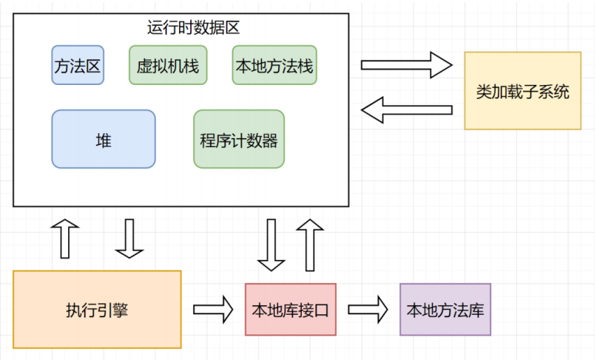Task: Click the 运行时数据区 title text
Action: coord(193,28)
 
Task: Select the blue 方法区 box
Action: coord(78,65)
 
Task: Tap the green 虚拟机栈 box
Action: coord(168,65)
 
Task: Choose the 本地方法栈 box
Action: coord(274,65)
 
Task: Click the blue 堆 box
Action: coord(104,139)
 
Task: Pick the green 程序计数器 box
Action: coord(239,139)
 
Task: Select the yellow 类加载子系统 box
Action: coord(522,91)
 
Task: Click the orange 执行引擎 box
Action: coord(97,310)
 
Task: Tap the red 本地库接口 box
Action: coord(291,310)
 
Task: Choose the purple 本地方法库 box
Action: coord(445,310)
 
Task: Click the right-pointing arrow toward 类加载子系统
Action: coord(406,65)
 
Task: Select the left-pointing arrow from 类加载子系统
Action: coord(406,110)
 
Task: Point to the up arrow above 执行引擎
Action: coord(64,239)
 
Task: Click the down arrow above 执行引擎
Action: coord(129,239)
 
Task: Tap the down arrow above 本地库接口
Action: coord(271,245)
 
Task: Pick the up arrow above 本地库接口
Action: coord(310,245)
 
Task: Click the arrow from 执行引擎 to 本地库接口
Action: coord(213,310)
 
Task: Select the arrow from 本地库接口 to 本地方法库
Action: coord(368,310)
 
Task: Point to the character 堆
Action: coord(104,140)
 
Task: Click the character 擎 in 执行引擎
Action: coord(121,310)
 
